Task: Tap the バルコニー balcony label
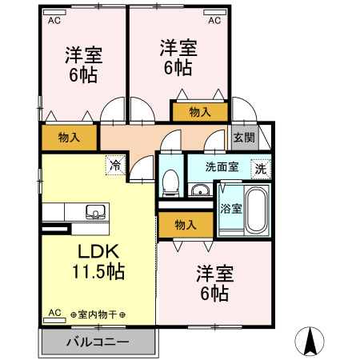point(97,342)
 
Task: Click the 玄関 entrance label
point(244,137)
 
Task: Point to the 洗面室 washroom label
point(222,167)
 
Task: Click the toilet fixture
point(170,183)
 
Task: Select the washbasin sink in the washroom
point(200,190)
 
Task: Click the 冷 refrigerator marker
point(115,166)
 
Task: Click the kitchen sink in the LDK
point(95,212)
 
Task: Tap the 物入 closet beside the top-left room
point(70,138)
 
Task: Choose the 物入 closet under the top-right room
point(200,113)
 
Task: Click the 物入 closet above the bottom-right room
point(185,225)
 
